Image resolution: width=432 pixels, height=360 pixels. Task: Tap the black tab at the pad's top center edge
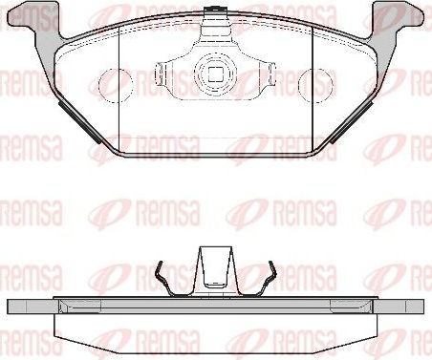pyautogui.click(x=215, y=13)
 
